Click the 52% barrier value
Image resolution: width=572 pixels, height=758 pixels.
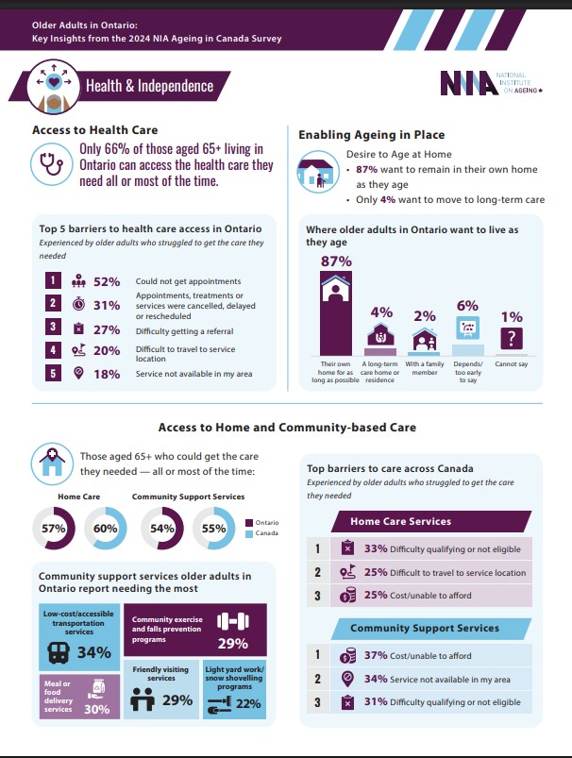click(107, 281)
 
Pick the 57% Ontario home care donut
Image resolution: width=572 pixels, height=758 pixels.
click(54, 530)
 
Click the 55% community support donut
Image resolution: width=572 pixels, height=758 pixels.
click(213, 530)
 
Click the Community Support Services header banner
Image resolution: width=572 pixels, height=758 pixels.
click(424, 628)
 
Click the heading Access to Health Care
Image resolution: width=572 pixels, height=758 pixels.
click(94, 130)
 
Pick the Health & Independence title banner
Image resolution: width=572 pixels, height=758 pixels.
click(149, 86)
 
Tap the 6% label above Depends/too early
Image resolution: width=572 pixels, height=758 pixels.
click(467, 306)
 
